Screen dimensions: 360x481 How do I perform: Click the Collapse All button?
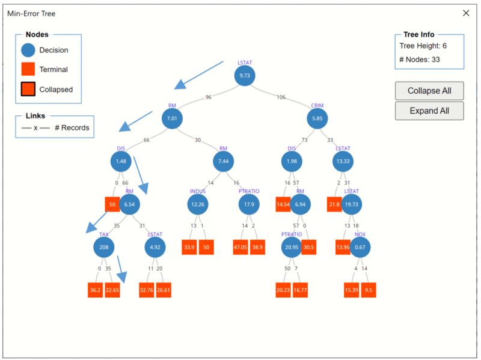point(429,91)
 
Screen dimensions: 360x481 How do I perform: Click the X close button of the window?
point(466,13)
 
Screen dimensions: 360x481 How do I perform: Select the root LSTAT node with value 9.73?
point(245,76)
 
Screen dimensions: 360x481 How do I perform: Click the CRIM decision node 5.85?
point(317,118)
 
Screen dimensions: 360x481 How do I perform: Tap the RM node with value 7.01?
point(172,118)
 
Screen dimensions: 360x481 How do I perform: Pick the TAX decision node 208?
point(104,247)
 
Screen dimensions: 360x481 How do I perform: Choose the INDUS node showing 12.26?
point(198,204)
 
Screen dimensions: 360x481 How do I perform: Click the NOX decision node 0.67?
point(360,247)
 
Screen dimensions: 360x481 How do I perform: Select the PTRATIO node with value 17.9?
point(248,204)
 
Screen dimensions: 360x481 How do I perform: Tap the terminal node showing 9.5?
point(369,290)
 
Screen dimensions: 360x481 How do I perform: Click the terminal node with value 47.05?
point(241,247)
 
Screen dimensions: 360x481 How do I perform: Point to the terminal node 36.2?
point(96,290)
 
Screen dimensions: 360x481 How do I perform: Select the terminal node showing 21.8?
point(335,204)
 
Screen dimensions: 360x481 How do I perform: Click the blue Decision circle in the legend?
point(28,50)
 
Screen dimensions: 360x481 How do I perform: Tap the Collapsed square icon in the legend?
point(28,90)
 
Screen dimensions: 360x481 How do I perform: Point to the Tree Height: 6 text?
point(423,46)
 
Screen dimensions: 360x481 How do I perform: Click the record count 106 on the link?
point(281,97)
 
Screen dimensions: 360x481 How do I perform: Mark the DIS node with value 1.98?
point(292,161)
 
